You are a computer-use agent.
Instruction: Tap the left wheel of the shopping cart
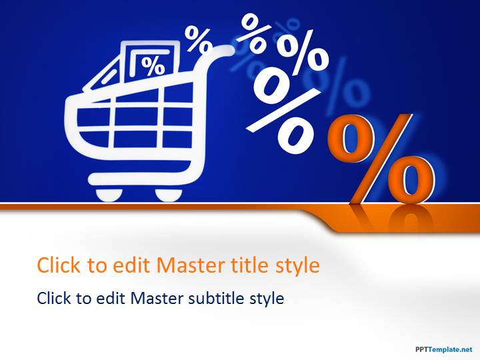coord(109,193)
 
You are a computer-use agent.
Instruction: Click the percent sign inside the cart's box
coord(153,66)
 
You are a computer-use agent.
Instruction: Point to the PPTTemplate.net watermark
coord(443,349)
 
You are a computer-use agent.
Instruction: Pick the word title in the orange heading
coord(251,265)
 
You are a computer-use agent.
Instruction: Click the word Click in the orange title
coord(57,265)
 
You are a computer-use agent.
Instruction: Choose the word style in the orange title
coord(297,265)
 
